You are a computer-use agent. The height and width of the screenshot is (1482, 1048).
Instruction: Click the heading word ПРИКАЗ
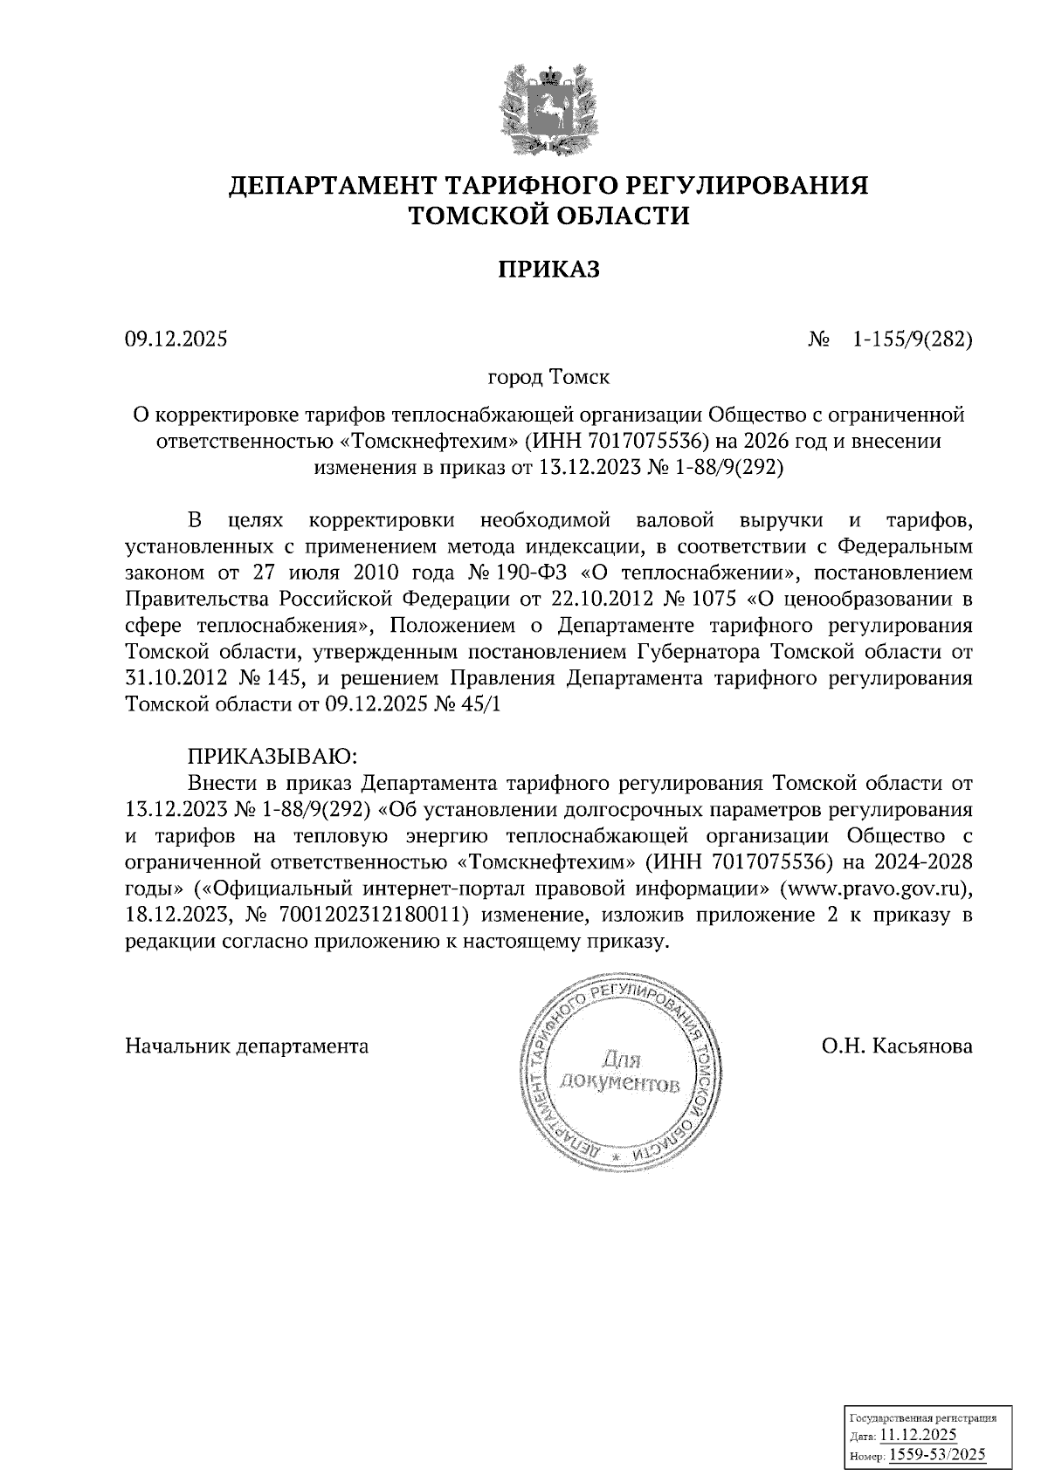point(549,270)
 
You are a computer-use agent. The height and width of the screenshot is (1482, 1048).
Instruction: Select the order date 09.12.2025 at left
point(176,340)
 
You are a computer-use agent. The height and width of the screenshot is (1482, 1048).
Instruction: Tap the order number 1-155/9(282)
point(912,340)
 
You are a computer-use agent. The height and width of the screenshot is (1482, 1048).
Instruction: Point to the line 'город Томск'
point(548,378)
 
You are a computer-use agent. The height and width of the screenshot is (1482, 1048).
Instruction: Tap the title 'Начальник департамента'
point(247,1046)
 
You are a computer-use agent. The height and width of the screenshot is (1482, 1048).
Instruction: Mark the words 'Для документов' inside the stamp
point(619,1073)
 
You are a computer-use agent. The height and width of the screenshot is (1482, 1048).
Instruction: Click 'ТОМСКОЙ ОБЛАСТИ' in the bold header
point(549,215)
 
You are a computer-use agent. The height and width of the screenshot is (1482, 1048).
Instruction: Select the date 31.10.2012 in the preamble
point(177,679)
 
